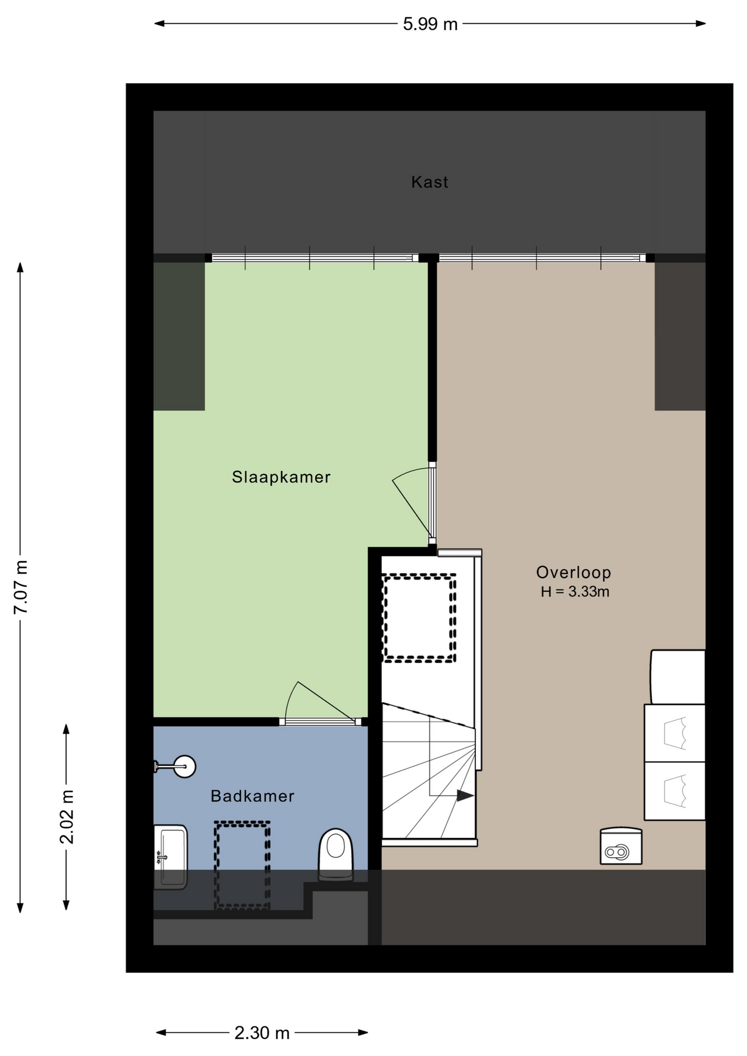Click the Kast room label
[x=430, y=182]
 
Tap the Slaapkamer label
[x=281, y=477]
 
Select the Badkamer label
[x=252, y=796]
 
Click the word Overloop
[x=574, y=573]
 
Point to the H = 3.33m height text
[x=575, y=592]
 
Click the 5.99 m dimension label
[x=430, y=24]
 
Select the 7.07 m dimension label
[x=21, y=587]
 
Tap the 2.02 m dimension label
[x=67, y=817]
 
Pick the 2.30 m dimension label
[x=262, y=1033]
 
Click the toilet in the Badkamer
[x=336, y=855]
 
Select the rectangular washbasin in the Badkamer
[x=171, y=857]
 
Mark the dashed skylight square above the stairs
[x=420, y=618]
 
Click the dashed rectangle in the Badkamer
[x=242, y=865]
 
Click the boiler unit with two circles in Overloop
[x=621, y=846]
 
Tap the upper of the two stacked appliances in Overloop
[x=674, y=733]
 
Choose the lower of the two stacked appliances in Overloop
[x=674, y=791]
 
